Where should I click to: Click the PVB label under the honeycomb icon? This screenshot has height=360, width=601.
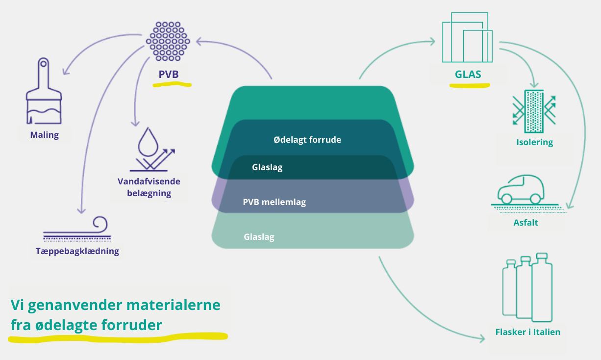point(169,75)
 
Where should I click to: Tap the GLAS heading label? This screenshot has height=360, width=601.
point(468,75)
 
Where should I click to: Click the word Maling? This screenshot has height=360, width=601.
point(44,134)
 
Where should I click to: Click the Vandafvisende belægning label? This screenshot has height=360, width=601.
point(149,187)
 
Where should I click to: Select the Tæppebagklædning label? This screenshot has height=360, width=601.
point(77,251)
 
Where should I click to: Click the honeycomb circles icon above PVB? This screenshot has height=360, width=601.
point(168,41)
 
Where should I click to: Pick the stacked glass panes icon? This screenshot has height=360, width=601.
point(467,38)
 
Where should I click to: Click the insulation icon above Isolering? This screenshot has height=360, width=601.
point(534,111)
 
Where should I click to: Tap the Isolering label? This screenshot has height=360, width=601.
point(534,143)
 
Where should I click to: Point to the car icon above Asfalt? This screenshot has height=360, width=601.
point(520,190)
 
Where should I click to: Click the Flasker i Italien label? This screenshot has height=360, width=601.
point(527,332)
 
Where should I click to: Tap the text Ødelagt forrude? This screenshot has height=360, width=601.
point(307,140)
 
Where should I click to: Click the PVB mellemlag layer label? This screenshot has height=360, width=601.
point(275,202)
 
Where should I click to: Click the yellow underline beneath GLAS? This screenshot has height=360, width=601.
point(470,85)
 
